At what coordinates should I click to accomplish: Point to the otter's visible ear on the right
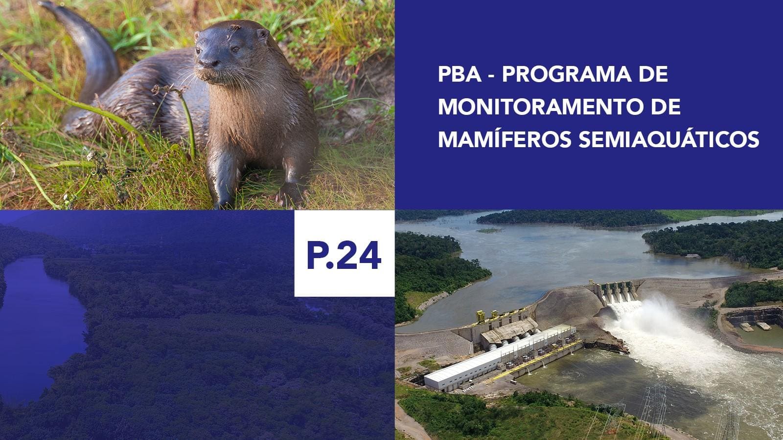coord(262,35)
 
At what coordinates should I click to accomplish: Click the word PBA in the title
coord(460,74)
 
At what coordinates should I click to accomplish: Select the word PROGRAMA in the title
coord(566,74)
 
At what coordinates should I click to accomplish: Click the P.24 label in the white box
coord(344,255)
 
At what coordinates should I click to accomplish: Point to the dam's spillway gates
coord(616,291)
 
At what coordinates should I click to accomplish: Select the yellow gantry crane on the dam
coord(481,316)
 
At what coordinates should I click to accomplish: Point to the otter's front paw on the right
coord(292,194)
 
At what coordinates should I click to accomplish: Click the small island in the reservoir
coord(489,230)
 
